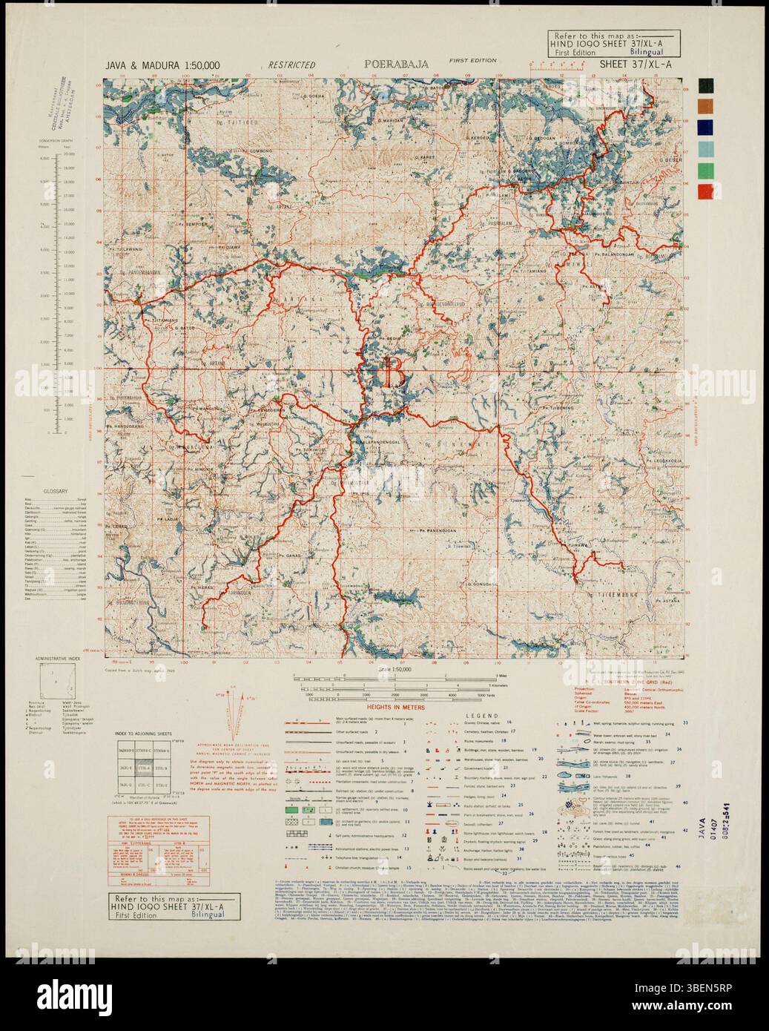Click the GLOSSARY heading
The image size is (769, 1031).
coord(56,492)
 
